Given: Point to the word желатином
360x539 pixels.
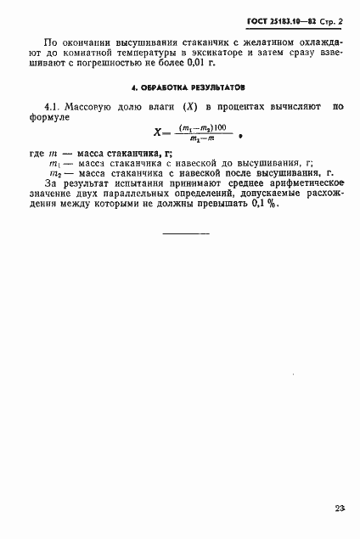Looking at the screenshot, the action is point(223,40).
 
